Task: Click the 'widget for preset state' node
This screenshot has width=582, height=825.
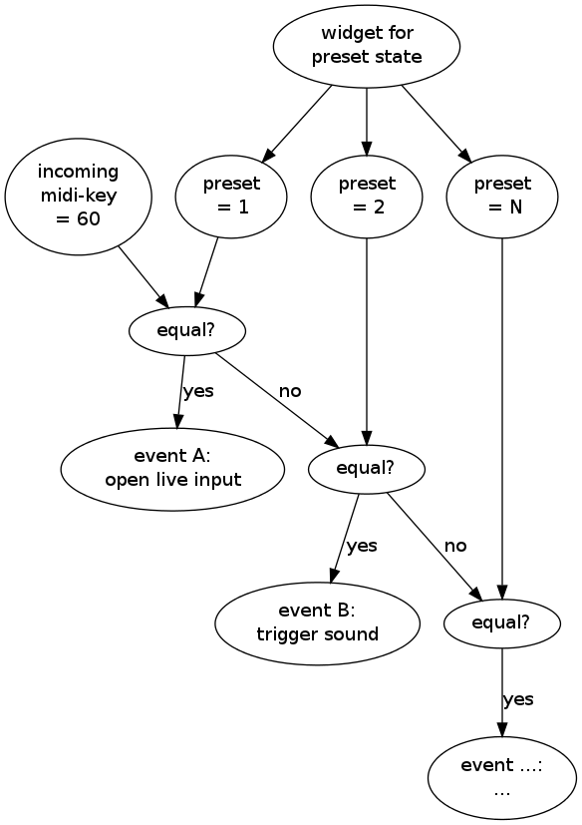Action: [367, 46]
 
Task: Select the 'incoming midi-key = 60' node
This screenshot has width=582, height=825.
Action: [79, 197]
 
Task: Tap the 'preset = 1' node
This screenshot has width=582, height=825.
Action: [231, 197]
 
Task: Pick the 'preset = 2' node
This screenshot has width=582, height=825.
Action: [367, 197]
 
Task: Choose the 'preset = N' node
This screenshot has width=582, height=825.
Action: [502, 197]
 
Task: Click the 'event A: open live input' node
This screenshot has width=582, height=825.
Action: [172, 469]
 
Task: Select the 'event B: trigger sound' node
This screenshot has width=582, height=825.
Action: [318, 622]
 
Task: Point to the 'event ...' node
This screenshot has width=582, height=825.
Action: [502, 778]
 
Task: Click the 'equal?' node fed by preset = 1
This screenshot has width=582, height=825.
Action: [187, 331]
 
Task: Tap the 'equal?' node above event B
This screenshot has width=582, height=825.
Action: [367, 468]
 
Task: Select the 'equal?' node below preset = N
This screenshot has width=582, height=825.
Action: [502, 622]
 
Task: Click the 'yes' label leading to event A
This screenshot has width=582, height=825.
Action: [198, 391]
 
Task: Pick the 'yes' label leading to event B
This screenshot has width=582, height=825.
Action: [362, 546]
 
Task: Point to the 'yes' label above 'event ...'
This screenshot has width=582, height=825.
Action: [518, 699]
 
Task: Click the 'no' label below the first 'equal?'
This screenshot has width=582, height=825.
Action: [290, 391]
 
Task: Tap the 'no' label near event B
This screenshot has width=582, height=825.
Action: [455, 546]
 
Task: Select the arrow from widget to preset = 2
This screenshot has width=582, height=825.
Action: [367, 122]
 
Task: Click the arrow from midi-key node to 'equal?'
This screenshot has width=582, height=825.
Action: [144, 277]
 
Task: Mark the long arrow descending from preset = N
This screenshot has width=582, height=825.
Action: [502, 419]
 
